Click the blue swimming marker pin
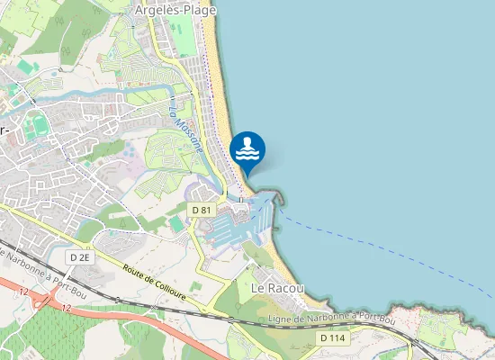point(247,149)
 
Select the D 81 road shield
point(202,210)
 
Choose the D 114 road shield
point(332,337)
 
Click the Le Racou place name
point(278,288)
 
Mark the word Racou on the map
point(287,288)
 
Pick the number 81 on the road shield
point(206,210)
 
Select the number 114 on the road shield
point(336,337)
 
